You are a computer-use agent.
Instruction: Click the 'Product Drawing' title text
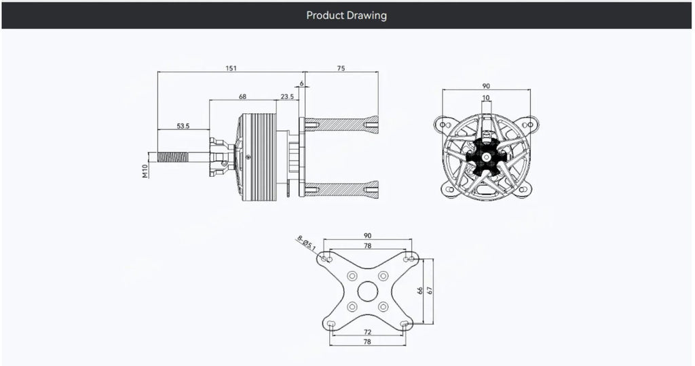pos(346,15)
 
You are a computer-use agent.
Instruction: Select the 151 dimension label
pos(231,68)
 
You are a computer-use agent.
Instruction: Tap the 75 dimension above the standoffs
pos(341,68)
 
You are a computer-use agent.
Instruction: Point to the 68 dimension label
pos(242,97)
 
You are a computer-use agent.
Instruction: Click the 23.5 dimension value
pos(287,97)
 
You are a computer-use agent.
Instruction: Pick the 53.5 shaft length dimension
pos(183,125)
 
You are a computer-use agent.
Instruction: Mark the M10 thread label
pos(145,171)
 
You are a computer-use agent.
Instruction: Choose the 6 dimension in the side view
pos(301,83)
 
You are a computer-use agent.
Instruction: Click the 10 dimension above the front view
pos(486,98)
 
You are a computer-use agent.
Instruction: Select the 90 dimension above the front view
pos(486,87)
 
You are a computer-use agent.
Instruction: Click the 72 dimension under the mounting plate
pos(367,333)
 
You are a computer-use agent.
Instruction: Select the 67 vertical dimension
pos(430,290)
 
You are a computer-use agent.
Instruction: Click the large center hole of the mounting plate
pos(367,291)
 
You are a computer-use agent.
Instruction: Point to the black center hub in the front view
pos(487,157)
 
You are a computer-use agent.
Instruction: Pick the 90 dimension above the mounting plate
pos(367,236)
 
